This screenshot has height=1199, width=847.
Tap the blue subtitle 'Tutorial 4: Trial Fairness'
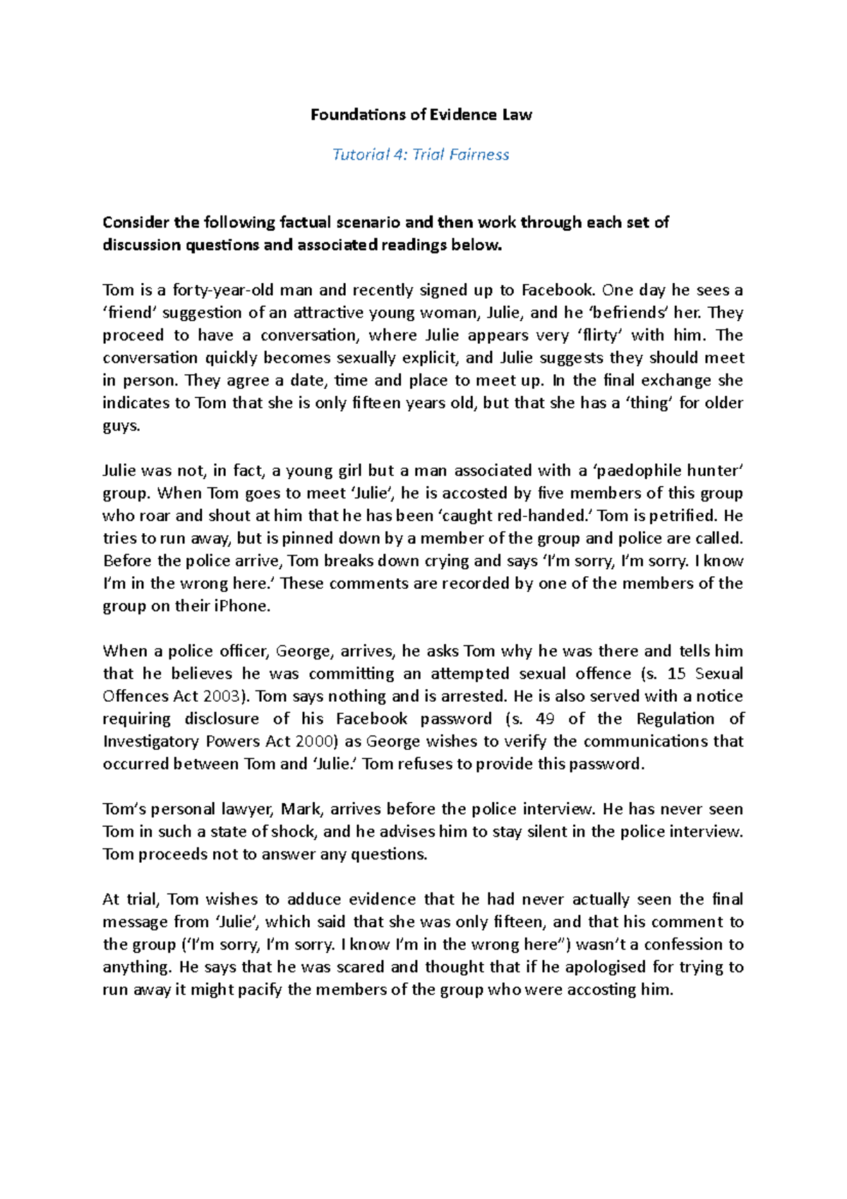(x=421, y=155)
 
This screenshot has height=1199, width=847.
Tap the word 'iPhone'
(x=241, y=606)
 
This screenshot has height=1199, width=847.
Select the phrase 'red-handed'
(x=548, y=515)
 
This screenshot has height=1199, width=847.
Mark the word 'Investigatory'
(x=151, y=741)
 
